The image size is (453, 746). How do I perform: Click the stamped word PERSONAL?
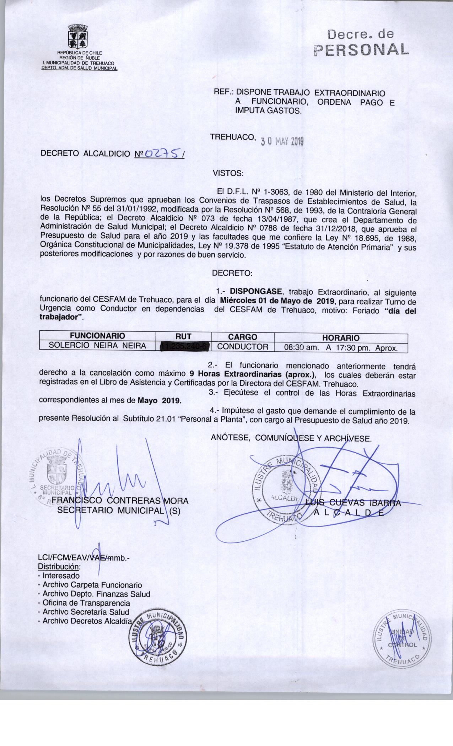tap(361, 50)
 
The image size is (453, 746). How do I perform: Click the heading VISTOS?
tap(228, 173)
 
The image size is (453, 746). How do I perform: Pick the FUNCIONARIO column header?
tap(97, 336)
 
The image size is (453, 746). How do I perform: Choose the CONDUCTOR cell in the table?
tap(243, 346)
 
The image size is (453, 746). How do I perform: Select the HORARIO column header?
tap(340, 337)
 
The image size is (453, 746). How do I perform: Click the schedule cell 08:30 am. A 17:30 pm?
tap(340, 347)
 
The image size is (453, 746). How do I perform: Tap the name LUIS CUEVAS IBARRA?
tap(353, 503)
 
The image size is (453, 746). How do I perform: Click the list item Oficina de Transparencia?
tap(86, 603)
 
